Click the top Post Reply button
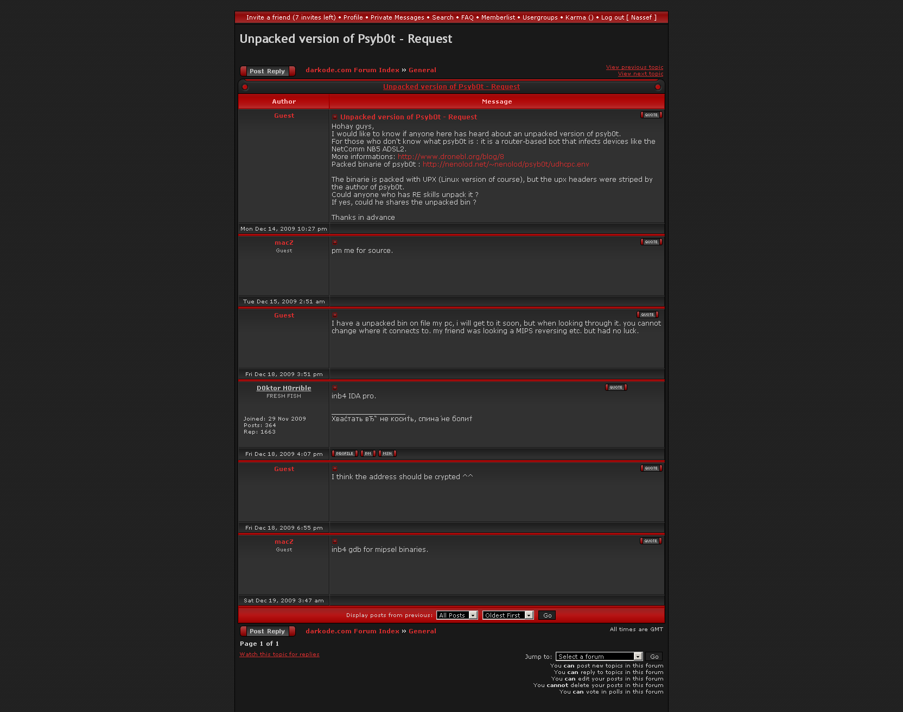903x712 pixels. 268,71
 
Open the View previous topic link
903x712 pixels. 634,67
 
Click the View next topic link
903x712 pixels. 640,74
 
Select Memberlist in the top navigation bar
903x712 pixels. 498,17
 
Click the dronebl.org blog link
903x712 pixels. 450,157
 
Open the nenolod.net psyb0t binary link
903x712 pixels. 505,164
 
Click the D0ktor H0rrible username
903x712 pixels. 284,388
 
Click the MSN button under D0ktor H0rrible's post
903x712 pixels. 387,454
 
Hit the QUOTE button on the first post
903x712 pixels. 651,115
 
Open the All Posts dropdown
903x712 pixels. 457,615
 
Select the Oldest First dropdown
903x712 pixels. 507,615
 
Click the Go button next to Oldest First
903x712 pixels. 547,615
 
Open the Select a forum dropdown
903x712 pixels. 599,657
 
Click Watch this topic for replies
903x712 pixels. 279,654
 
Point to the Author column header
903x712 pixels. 284,101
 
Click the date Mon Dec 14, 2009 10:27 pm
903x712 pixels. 284,229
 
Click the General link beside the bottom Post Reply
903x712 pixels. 422,631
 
